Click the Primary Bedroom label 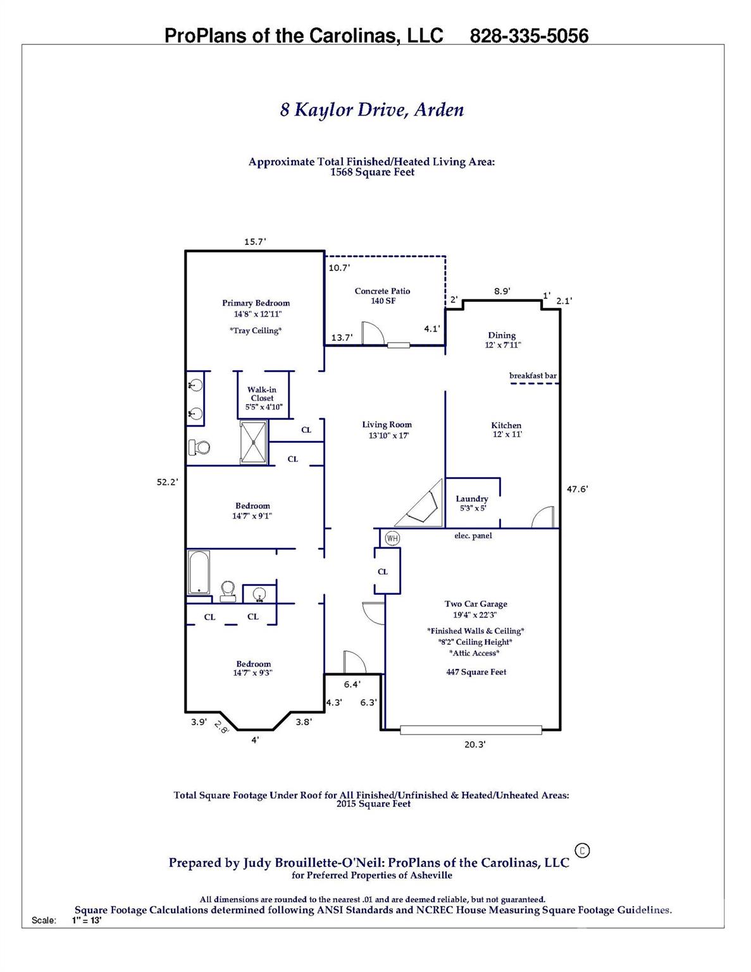256,303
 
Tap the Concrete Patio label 382,291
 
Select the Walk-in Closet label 262,394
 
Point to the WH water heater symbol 392,539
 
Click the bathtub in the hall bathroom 199,573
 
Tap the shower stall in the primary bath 254,443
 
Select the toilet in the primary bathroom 200,447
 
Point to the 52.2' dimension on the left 168,482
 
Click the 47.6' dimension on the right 577,489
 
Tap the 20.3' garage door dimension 475,745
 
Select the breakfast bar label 533,376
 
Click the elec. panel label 473,536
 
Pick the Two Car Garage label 476,604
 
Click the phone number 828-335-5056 529,36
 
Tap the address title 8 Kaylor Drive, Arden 372,110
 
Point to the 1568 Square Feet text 372,172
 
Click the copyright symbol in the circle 582,850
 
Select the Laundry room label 472,499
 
